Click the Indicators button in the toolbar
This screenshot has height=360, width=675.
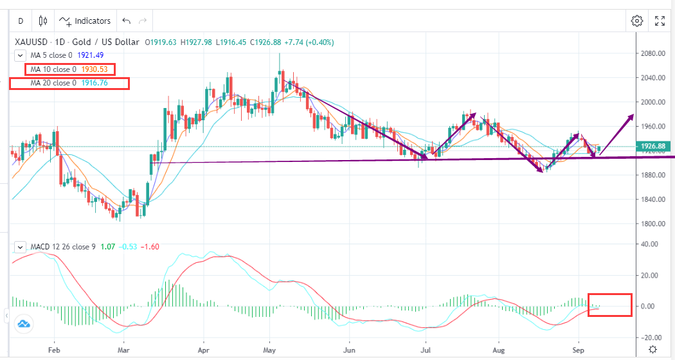coord(85,21)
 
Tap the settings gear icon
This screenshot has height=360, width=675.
coord(637,21)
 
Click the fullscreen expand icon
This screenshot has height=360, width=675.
coord(660,21)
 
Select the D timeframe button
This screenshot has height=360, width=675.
coord(21,21)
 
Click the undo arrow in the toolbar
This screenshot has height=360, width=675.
coord(126,21)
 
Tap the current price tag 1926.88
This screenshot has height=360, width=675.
coord(654,147)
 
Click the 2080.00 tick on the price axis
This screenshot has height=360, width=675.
coord(653,53)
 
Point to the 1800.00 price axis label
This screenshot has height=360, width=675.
coord(653,224)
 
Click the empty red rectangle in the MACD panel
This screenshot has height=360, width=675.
coord(609,305)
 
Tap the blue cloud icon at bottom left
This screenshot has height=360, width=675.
coord(24,324)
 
